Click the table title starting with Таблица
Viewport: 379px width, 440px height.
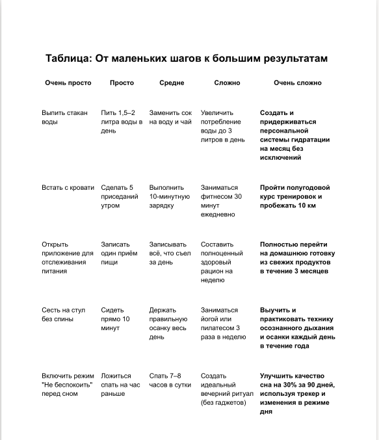[187, 58]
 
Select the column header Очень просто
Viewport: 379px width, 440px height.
[68, 83]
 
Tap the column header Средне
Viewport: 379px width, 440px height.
[172, 83]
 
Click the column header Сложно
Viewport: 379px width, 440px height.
[227, 83]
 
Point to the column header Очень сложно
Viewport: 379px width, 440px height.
[297, 83]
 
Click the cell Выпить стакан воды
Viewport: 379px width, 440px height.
[64, 117]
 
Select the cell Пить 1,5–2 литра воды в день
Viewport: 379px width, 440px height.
[122, 122]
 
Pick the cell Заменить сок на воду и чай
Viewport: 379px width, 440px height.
[170, 117]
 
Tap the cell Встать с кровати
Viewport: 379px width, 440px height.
[68, 187]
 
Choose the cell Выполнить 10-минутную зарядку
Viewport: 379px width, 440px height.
[169, 196]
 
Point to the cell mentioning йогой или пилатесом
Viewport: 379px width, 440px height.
[223, 324]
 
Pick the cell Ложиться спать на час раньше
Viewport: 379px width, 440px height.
[120, 385]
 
